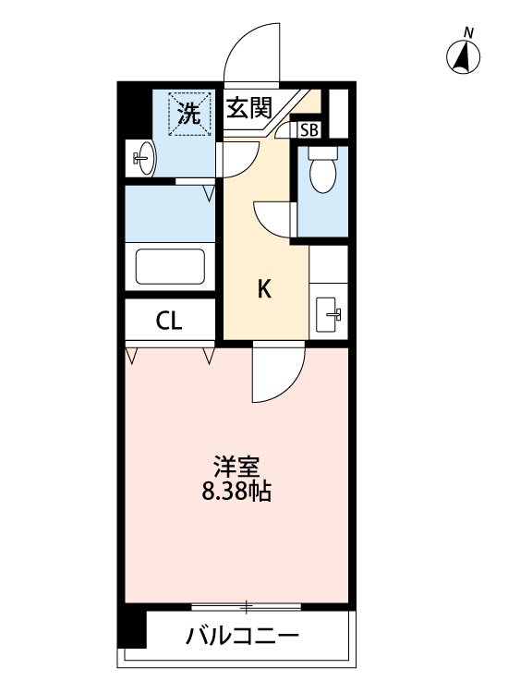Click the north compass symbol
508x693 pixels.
(x=465, y=59)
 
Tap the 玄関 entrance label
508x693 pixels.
(x=248, y=109)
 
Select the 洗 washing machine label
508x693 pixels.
(x=188, y=115)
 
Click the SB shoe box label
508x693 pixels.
(x=308, y=130)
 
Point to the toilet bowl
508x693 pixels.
(x=322, y=172)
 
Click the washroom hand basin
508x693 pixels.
(x=143, y=158)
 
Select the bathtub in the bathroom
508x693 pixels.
(x=170, y=267)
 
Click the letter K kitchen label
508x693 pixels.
(x=263, y=290)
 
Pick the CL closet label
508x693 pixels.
(x=169, y=322)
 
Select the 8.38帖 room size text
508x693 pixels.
(x=236, y=492)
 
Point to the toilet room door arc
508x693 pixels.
(x=272, y=219)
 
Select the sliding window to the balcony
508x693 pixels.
(x=247, y=607)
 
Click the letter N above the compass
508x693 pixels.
(x=468, y=33)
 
